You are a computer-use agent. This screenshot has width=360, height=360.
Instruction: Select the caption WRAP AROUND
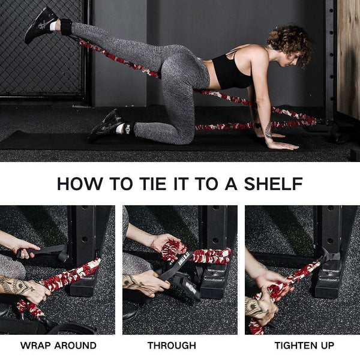coord(58,346)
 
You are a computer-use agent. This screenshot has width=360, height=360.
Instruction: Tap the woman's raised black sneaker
coord(41,24)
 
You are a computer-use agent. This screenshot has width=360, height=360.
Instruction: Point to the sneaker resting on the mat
coord(106,125)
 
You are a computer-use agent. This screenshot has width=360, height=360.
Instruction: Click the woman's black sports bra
coord(231,72)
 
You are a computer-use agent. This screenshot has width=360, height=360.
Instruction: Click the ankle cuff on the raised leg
coord(65,26)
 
